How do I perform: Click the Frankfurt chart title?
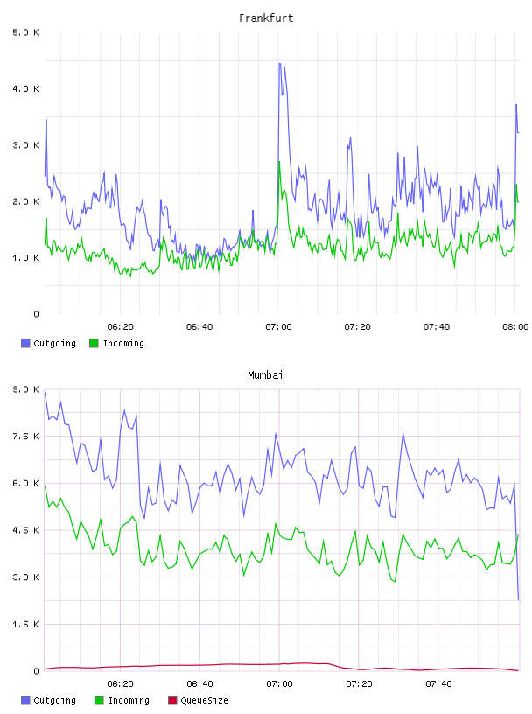tap(266, 18)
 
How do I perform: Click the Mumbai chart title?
tap(265, 375)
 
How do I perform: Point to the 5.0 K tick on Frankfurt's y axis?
tap(25, 32)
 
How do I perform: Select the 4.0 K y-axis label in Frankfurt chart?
tap(25, 88)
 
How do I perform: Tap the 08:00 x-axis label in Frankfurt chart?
tap(515, 327)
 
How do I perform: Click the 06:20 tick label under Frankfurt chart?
tap(120, 327)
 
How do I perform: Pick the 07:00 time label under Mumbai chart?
tap(279, 684)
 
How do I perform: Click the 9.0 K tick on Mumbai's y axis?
tap(25, 389)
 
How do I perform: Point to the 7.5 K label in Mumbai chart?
tap(25, 437)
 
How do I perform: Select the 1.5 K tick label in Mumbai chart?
tap(25, 624)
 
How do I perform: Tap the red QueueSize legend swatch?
tap(172, 700)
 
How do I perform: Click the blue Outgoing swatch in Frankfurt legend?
tap(25, 343)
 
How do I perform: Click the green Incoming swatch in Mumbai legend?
tap(99, 700)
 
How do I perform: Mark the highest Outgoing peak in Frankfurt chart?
tap(280, 64)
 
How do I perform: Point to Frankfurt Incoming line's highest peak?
tap(279, 162)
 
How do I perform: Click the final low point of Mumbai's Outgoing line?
tap(518, 599)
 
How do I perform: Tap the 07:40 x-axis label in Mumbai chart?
tap(438, 684)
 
